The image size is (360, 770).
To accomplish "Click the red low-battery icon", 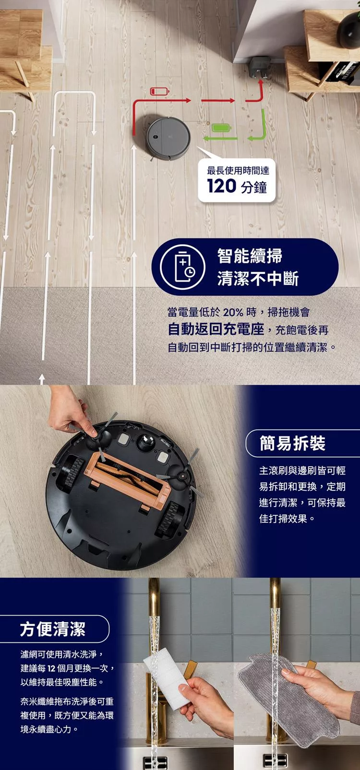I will click(157, 91).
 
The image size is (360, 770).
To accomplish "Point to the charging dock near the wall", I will click(260, 67).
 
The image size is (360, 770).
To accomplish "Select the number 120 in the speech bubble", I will click(222, 186).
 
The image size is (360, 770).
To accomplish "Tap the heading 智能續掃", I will click(250, 256).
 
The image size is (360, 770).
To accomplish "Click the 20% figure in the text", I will click(233, 313).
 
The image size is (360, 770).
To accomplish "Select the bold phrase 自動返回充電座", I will click(216, 330).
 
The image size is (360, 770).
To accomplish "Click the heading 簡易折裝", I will click(292, 443).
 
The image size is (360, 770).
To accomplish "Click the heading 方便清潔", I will click(53, 628).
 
